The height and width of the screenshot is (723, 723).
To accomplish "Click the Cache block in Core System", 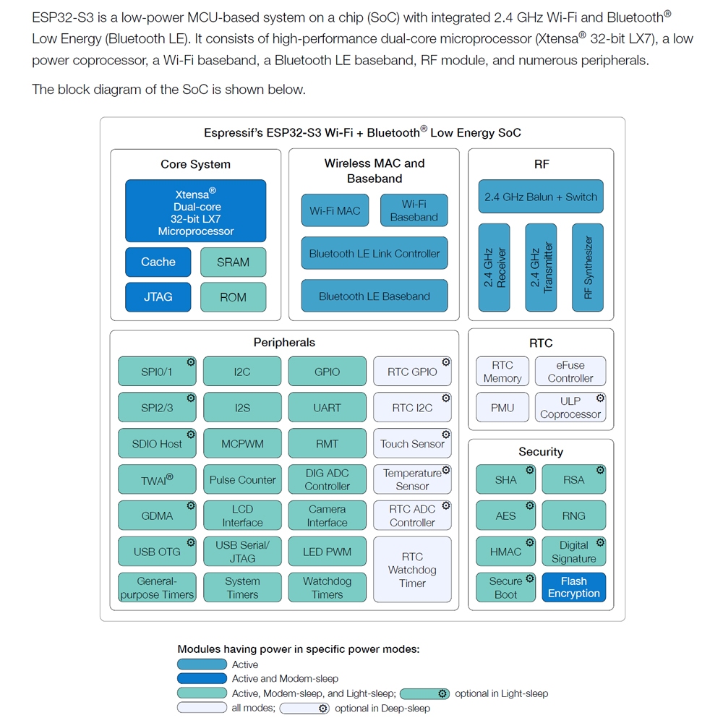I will click(x=158, y=262).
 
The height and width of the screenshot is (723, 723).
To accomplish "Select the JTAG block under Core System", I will click(x=158, y=296).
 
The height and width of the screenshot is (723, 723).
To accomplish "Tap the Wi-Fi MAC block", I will click(x=335, y=210).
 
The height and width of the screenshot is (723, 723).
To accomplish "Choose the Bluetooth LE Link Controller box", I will click(x=374, y=254).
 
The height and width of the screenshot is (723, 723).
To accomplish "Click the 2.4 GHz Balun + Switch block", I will click(x=541, y=197).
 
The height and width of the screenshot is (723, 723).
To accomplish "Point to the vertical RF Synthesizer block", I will click(x=588, y=268).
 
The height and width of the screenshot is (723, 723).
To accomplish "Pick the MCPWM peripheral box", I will click(x=242, y=444).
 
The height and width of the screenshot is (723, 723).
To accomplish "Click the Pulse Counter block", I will click(x=242, y=479).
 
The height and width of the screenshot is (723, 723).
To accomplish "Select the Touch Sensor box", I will click(x=412, y=444).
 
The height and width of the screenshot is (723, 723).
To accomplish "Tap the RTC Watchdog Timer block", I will click(x=412, y=570).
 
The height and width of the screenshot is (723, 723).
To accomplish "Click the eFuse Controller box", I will click(x=570, y=372).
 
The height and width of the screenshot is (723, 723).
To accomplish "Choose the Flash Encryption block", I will click(x=574, y=587).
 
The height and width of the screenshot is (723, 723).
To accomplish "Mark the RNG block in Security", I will click(x=574, y=515).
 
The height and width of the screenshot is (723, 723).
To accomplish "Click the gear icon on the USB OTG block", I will click(x=191, y=542).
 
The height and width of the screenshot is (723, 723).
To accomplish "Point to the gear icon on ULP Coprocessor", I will click(x=600, y=398).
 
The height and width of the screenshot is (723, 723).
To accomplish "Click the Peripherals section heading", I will click(x=284, y=343).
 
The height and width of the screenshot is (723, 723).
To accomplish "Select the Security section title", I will click(x=541, y=452).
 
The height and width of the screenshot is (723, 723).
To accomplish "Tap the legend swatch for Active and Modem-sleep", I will click(x=202, y=679).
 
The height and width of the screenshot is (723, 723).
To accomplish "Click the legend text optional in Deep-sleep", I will click(x=382, y=709).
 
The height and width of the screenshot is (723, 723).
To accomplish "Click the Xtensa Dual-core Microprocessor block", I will click(x=195, y=211).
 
